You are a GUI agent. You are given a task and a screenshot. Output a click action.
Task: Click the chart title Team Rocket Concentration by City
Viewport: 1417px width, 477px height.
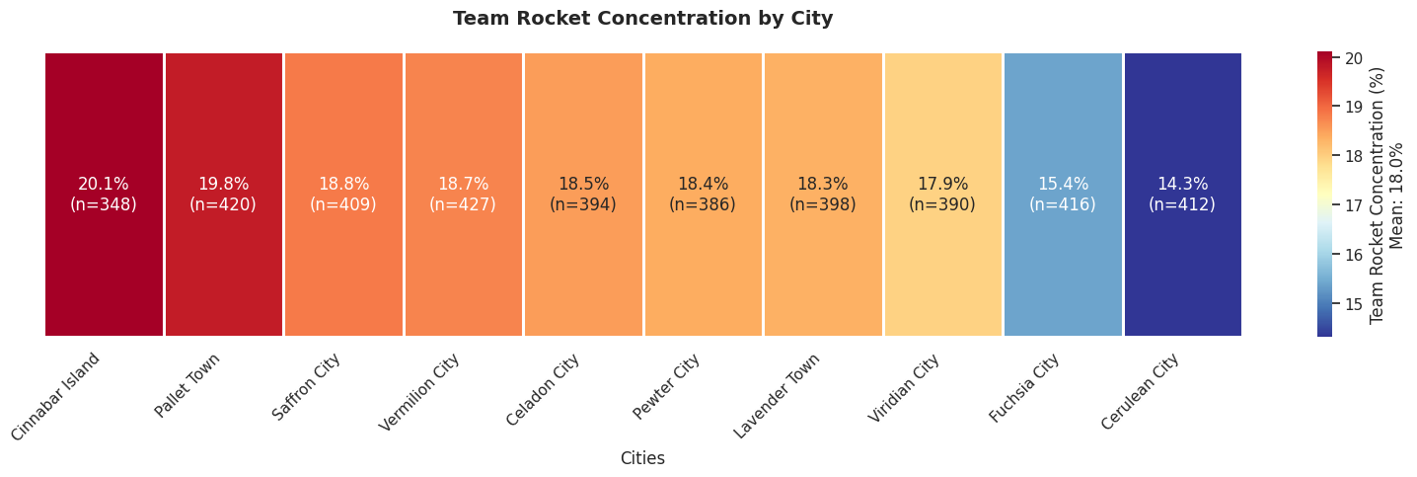642,19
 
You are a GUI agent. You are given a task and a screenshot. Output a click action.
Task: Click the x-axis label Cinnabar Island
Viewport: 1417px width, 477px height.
57,397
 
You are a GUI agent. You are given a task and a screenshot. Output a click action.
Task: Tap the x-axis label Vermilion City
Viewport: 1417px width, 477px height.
420,392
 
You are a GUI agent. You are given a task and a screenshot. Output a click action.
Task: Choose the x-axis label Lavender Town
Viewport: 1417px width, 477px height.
778,395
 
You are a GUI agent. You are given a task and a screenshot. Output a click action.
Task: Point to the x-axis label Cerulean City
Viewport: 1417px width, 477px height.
1141,391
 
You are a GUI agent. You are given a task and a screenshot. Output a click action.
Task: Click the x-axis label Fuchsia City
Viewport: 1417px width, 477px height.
1024,388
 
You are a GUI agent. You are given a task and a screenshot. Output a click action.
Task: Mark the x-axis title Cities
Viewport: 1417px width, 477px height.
642,458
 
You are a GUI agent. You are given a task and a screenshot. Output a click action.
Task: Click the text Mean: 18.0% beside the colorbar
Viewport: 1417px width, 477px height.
1396,195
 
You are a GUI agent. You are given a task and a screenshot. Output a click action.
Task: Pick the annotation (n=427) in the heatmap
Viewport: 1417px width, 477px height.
464,204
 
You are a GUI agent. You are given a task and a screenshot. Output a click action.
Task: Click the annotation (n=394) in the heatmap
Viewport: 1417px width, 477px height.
583,204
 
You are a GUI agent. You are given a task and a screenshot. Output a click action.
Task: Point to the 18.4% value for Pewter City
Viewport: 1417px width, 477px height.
703,184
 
